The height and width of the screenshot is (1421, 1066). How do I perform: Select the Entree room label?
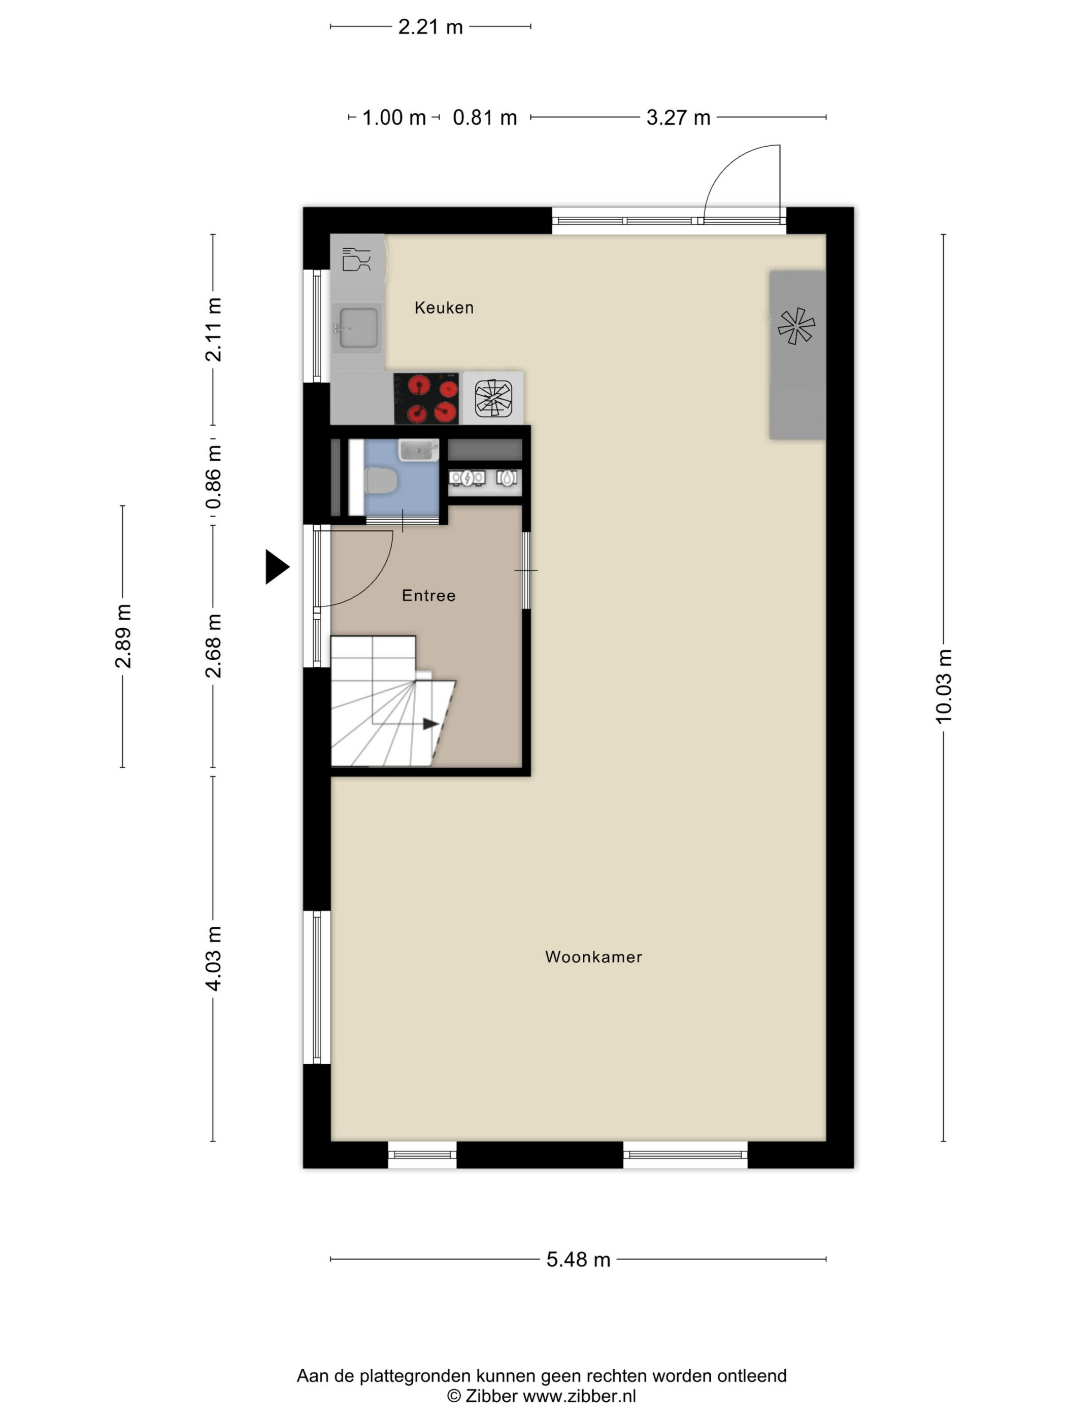click(428, 595)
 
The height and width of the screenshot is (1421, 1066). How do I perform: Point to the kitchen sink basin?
click(358, 328)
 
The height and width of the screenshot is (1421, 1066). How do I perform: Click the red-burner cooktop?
click(426, 398)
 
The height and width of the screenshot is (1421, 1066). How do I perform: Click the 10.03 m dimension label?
click(943, 687)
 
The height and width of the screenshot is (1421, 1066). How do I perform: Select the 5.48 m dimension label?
click(578, 1260)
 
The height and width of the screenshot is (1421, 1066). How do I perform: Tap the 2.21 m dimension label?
click(430, 27)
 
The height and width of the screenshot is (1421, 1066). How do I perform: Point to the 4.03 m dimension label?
click(213, 959)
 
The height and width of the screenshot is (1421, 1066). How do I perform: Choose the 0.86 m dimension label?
click(213, 477)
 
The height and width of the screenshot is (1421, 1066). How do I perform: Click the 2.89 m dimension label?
click(123, 636)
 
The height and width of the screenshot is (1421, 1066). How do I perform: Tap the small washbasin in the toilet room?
click(418, 450)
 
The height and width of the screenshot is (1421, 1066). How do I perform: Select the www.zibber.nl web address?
click(580, 1396)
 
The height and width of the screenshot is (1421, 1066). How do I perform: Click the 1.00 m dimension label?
click(394, 118)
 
